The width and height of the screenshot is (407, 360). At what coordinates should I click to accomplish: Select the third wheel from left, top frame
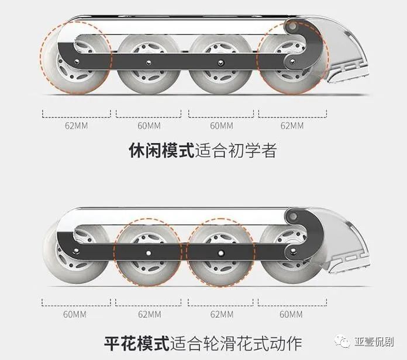click(x=221, y=61)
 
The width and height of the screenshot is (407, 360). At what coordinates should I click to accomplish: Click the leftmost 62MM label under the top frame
click(x=76, y=126)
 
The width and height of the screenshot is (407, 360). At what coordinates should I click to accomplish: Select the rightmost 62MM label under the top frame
click(x=292, y=126)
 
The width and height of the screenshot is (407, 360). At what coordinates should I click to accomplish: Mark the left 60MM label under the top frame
click(x=149, y=126)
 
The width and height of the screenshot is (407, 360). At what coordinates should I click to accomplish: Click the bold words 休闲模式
click(x=161, y=151)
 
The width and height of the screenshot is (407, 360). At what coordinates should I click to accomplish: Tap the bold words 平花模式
click(x=137, y=341)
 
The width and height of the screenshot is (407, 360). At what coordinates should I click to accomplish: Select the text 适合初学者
click(x=235, y=151)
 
